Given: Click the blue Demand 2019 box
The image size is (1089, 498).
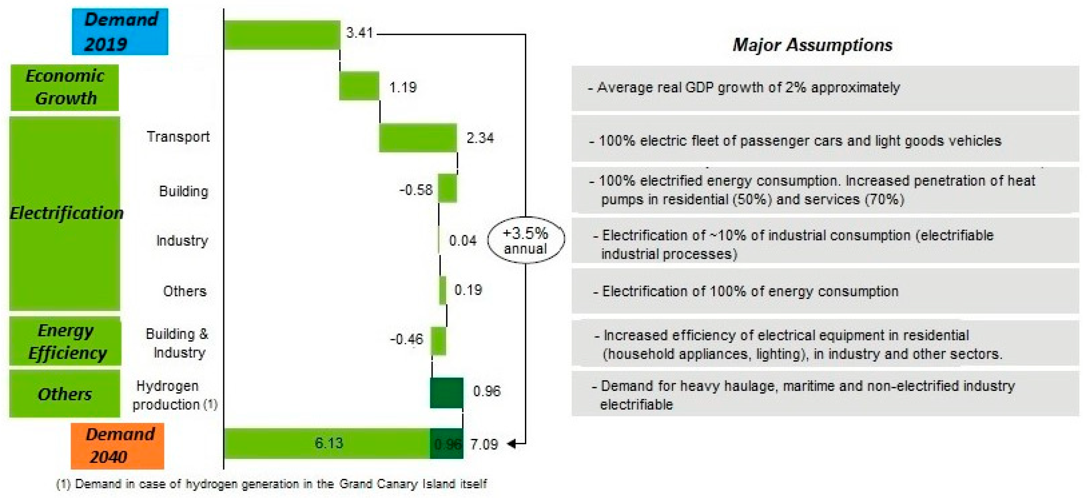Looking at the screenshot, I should (120, 32).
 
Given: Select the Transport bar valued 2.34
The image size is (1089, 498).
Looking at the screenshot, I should (418, 138).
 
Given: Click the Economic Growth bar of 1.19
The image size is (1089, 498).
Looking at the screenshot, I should (359, 86).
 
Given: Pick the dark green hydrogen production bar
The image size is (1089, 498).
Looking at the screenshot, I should (446, 393).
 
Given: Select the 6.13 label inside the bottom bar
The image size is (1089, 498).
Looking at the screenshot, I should (329, 443).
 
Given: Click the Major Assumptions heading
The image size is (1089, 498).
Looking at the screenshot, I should (812, 45).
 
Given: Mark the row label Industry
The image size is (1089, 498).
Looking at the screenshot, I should (182, 240).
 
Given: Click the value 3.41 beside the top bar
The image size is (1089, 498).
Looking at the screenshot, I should (359, 33).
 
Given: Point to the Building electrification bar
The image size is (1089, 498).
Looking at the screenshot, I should (447, 188).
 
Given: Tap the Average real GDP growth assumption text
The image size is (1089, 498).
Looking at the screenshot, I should (748, 87).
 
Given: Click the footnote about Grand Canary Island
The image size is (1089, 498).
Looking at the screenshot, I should (272, 484).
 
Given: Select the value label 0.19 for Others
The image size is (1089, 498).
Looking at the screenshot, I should (468, 290).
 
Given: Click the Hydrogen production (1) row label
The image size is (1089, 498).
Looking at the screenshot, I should (175, 395).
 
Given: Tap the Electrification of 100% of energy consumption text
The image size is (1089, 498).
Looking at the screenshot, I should (750, 291).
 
